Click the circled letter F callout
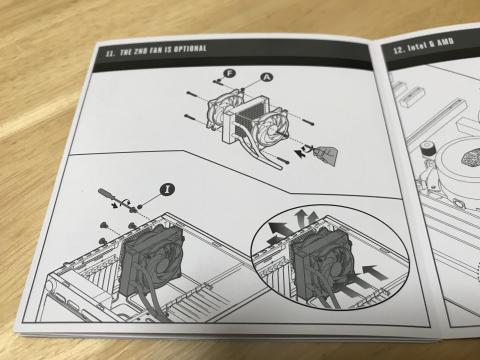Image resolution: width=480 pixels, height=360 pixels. click(x=229, y=73)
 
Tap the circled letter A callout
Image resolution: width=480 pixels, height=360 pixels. click(x=266, y=77)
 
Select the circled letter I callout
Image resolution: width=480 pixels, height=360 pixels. click(x=167, y=189)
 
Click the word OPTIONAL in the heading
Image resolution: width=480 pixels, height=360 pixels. click(x=190, y=49)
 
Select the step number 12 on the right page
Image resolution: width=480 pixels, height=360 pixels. click(x=399, y=50)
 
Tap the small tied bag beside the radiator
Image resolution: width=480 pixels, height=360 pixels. click(x=326, y=154)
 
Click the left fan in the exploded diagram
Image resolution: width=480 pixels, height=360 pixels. click(x=222, y=111)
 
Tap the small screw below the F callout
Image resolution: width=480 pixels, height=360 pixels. click(x=217, y=81)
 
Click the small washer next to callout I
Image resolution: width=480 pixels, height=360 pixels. click(x=140, y=207)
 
